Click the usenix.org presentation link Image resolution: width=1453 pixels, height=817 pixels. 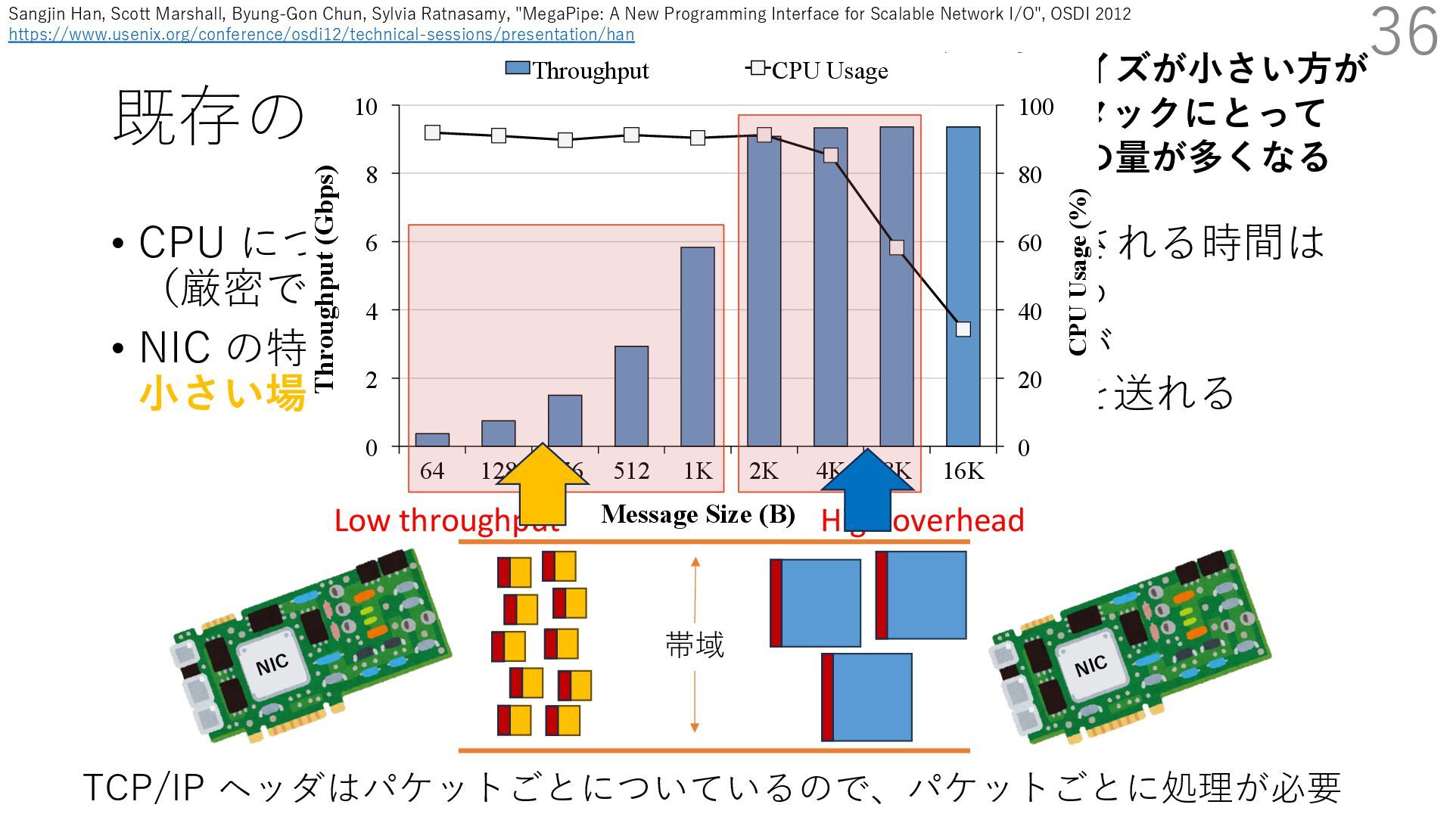pyautogui.click(x=321, y=35)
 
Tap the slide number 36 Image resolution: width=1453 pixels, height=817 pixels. pyautogui.click(x=1404, y=32)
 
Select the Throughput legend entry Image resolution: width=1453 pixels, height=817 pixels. pyautogui.click(x=577, y=70)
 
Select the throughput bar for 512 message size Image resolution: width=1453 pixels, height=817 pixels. pyautogui.click(x=631, y=396)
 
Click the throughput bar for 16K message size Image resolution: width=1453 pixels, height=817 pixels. pyautogui.click(x=963, y=287)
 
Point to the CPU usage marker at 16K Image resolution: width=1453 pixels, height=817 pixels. pyautogui.click(x=963, y=329)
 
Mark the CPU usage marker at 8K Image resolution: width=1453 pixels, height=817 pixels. pyautogui.click(x=897, y=247)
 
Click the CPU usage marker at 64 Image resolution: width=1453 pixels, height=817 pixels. pyautogui.click(x=432, y=133)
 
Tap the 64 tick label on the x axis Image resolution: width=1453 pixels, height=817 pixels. pyautogui.click(x=432, y=471)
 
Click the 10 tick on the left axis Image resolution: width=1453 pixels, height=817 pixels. pyautogui.click(x=366, y=107)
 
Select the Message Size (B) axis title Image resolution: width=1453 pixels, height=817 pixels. pyautogui.click(x=698, y=515)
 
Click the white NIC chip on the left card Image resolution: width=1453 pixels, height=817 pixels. pyautogui.click(x=272, y=665)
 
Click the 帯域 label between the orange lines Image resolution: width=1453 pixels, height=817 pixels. pyautogui.click(x=695, y=645)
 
